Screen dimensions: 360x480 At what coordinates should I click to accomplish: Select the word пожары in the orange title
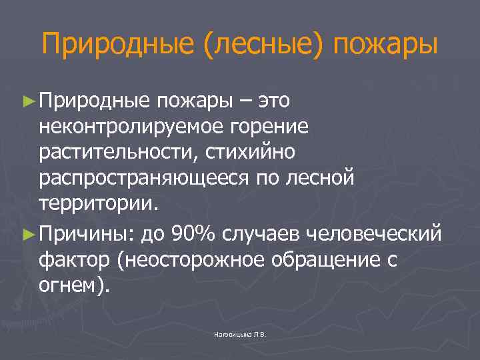click(x=386, y=46)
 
